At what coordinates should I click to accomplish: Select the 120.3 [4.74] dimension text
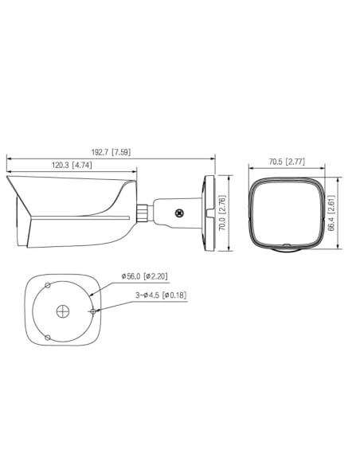71,166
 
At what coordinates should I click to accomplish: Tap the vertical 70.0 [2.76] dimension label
224,214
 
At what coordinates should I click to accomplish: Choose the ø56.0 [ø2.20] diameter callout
144,276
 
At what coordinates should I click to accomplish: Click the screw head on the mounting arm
180,213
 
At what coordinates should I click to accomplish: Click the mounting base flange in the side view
212,213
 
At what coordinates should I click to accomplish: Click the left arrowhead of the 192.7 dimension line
9,157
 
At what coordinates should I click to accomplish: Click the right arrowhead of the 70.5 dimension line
322,168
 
